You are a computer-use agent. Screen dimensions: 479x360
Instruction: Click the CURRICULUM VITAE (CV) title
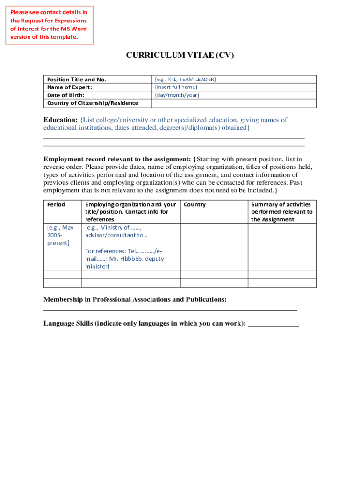pyautogui.click(x=180, y=55)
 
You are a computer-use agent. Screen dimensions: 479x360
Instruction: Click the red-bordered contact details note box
pyautogui.click(x=50, y=25)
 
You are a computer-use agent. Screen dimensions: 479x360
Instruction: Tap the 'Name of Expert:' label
pyautogui.click(x=70, y=87)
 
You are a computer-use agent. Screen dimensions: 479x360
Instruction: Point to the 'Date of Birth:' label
pyautogui.click(x=66, y=95)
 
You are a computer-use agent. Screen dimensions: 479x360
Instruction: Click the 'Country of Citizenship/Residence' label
pyautogui.click(x=93, y=103)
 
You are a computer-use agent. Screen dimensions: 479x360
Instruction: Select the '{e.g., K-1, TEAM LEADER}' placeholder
pyautogui.click(x=185, y=80)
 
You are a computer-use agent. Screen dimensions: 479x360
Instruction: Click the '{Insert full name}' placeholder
pyautogui.click(x=176, y=87)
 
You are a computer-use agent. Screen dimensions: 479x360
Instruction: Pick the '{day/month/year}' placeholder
pyautogui.click(x=177, y=95)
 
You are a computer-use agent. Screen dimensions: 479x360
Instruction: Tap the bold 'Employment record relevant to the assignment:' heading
pyautogui.click(x=117, y=159)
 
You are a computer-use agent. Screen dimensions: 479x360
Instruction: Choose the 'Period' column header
pyautogui.click(x=56, y=205)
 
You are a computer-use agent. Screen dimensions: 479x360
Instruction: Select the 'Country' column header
pyautogui.click(x=195, y=205)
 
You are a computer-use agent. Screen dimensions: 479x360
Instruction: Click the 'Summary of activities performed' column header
pyautogui.click(x=281, y=212)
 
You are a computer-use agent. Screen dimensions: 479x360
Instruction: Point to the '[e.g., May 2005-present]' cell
pyautogui.click(x=60, y=235)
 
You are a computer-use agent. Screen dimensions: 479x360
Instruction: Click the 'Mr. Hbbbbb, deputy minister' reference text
pyautogui.click(x=124, y=262)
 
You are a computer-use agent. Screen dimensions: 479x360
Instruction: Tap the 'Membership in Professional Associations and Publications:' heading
pyautogui.click(x=135, y=299)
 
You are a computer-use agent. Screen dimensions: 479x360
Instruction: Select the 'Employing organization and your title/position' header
pyautogui.click(x=130, y=212)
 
